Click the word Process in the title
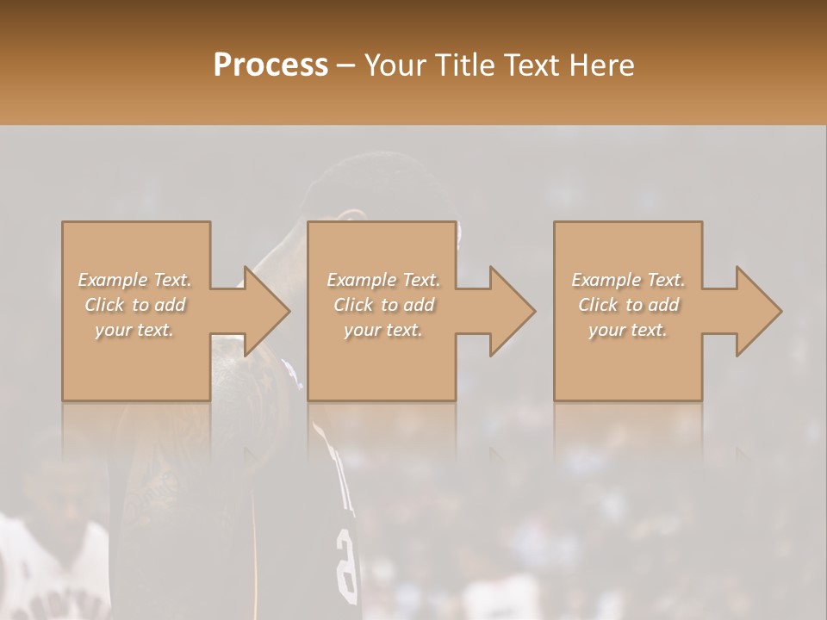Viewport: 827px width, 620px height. [270, 65]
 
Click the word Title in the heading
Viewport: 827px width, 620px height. [463, 65]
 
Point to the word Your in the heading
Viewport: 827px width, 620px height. [397, 65]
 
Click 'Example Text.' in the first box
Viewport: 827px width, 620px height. [135, 280]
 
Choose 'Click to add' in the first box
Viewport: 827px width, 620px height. [135, 305]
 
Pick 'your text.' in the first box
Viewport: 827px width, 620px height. [135, 330]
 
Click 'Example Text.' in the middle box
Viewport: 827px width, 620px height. [382, 280]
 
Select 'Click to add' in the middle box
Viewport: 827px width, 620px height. [382, 305]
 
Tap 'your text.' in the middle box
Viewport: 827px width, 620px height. [382, 330]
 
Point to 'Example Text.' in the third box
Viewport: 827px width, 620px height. [628, 280]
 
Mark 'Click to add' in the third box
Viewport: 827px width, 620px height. [628, 305]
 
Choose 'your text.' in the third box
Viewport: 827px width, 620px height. [628, 330]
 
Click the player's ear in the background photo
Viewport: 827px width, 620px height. [348, 217]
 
